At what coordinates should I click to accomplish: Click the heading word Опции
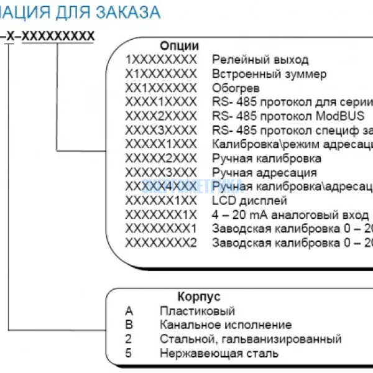click(x=180, y=46)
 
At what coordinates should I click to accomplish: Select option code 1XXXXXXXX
click(x=160, y=60)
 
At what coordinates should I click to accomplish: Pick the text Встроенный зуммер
click(x=269, y=74)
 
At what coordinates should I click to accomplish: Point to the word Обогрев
click(x=236, y=88)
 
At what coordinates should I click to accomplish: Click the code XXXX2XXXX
click(x=160, y=116)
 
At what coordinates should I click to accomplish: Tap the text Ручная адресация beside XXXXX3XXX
click(x=264, y=173)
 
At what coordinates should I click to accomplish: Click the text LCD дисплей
click(x=249, y=201)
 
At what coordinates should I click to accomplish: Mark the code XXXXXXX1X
click(x=160, y=214)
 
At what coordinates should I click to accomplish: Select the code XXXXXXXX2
click(x=160, y=243)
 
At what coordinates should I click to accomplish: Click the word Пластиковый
click(x=197, y=311)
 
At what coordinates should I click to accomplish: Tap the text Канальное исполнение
click(x=225, y=325)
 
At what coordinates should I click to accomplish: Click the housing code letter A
click(x=129, y=311)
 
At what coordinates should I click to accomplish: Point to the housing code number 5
click(x=128, y=353)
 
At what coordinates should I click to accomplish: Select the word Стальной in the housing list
click(x=183, y=339)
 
